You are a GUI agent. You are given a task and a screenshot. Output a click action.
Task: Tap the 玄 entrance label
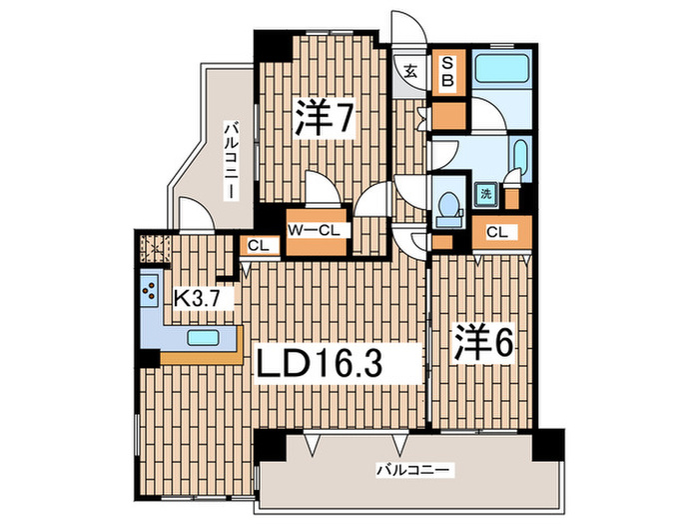pos(410,70)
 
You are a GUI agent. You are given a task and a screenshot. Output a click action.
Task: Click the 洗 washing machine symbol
pos(486,194)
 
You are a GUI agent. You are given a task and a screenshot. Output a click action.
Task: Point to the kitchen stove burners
pos(149,290)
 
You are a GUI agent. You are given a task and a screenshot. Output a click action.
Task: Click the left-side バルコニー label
pos(231,159)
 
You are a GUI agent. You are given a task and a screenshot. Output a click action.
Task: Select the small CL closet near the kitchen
pos(257,247)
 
